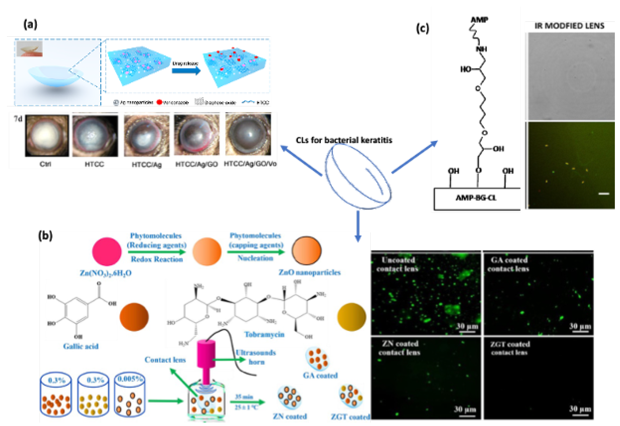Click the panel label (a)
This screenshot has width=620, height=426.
(x=30, y=25)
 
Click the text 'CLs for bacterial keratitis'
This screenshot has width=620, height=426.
(x=344, y=140)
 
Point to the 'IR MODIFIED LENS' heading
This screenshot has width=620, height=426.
(x=569, y=26)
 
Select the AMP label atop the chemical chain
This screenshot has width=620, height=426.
(x=479, y=20)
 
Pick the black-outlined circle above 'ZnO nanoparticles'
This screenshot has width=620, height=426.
(x=306, y=250)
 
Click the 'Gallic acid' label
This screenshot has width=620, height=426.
(x=81, y=347)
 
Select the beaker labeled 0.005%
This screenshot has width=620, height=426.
(x=130, y=395)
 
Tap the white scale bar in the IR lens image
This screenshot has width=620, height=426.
(x=604, y=194)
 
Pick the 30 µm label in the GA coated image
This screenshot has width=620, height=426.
(x=580, y=326)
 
